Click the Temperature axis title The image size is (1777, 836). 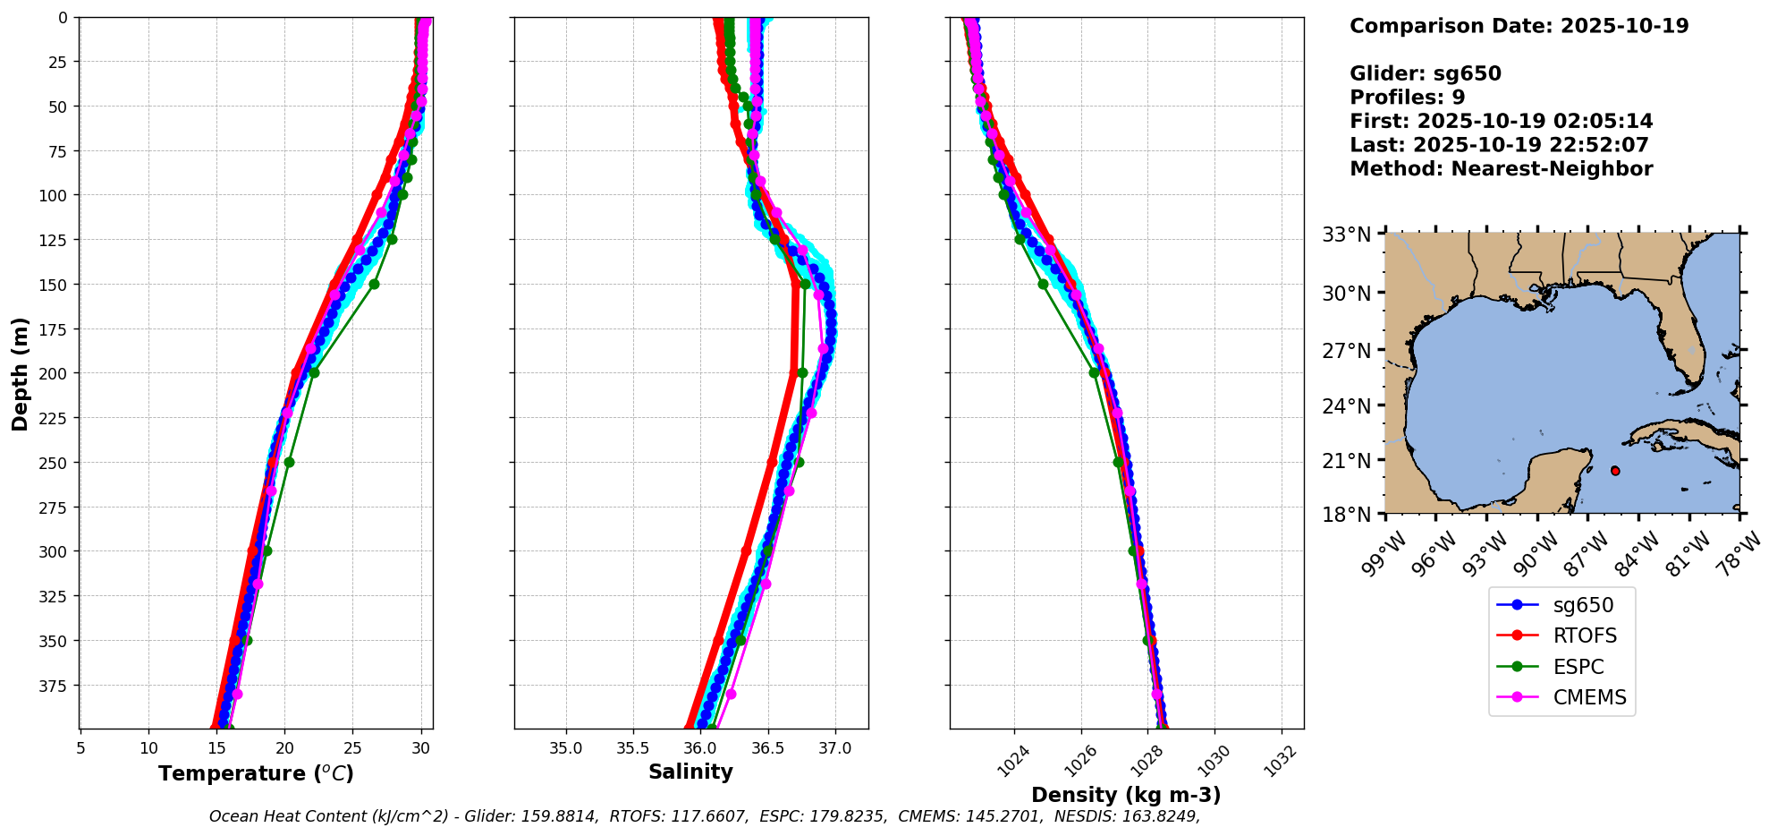click(x=256, y=773)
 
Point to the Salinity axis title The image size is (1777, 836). click(x=690, y=772)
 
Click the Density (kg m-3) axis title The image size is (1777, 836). click(x=1126, y=795)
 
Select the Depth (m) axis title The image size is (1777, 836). click(x=20, y=373)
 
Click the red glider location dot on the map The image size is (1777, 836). click(x=1615, y=471)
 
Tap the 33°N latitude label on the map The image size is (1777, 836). click(x=1347, y=235)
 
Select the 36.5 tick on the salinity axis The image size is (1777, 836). click(x=767, y=748)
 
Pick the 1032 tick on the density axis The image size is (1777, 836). click(x=1282, y=761)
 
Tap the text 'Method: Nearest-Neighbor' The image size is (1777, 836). click(x=1501, y=168)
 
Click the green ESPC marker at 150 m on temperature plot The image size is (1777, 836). click(x=374, y=284)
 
